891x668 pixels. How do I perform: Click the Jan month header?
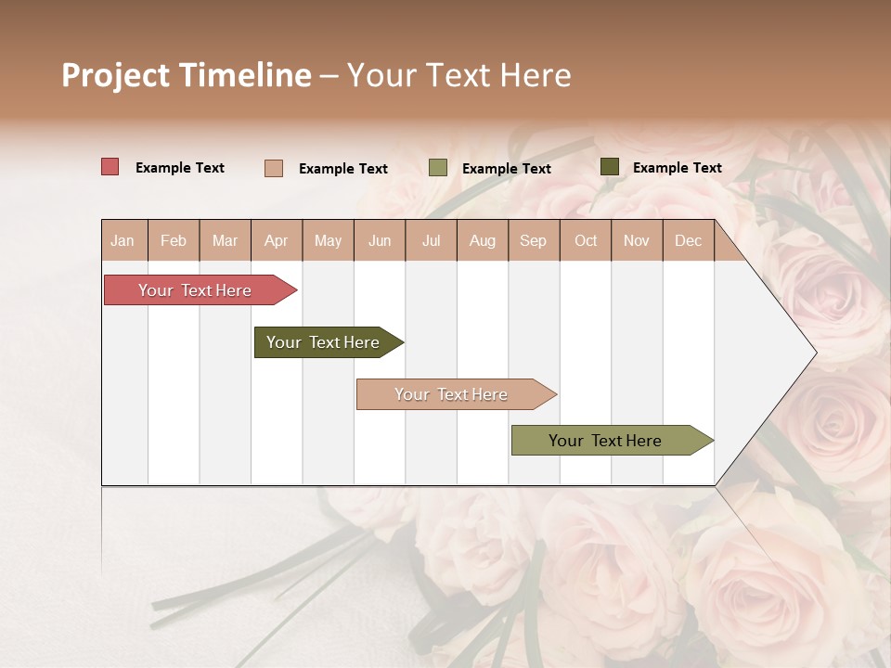(123, 240)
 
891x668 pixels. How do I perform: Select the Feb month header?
(174, 240)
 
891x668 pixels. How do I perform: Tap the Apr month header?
(277, 240)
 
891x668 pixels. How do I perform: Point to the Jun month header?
(380, 240)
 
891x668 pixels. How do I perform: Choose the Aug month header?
(483, 240)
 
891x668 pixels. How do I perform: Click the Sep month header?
(534, 240)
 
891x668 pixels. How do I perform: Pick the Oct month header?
(586, 240)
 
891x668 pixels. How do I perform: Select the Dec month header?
(689, 240)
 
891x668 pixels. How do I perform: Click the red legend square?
(110, 167)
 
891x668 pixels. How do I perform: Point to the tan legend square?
(274, 168)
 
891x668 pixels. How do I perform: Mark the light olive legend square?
(438, 168)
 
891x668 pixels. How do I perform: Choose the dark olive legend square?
(609, 167)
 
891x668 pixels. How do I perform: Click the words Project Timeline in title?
(187, 75)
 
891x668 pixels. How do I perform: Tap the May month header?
(328, 240)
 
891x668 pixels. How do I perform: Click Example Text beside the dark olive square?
(677, 167)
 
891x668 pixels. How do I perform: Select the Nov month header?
(637, 240)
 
